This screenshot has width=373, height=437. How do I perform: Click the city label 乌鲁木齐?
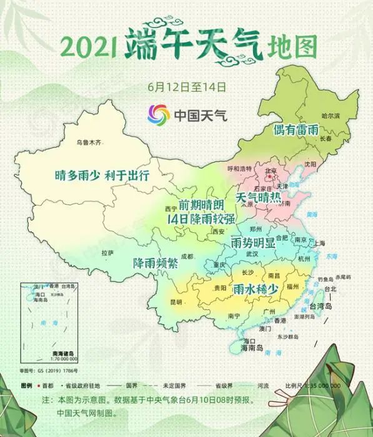[x=87, y=142]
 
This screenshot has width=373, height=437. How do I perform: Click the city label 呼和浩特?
[x=239, y=169]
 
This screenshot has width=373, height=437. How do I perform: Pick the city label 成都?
[x=187, y=255]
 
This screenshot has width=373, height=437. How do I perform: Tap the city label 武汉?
[x=252, y=254]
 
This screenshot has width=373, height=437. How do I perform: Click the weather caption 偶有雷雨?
[x=296, y=130]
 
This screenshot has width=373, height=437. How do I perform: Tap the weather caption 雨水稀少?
[x=255, y=289]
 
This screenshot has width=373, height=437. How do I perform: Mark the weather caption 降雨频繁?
[x=156, y=263]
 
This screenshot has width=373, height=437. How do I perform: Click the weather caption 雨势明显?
[x=253, y=241]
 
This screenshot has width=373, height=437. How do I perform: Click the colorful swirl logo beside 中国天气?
[x=159, y=115]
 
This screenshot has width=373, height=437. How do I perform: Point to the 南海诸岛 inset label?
[x=63, y=353]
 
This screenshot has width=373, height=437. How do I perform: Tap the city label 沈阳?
[x=311, y=164]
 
